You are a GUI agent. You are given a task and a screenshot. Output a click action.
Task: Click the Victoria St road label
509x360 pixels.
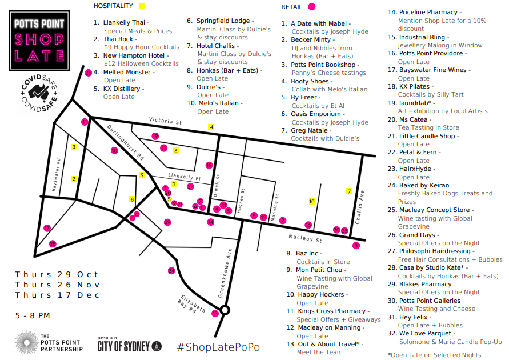coord(165,121)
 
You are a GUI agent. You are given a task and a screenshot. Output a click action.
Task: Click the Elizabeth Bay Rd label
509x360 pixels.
coord(193,305)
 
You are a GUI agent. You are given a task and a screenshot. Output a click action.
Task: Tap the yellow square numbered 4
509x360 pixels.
coord(211,127)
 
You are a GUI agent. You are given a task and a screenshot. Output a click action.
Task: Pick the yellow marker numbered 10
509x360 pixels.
coord(312,202)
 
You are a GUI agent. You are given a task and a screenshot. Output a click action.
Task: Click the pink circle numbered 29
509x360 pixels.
coord(167,222)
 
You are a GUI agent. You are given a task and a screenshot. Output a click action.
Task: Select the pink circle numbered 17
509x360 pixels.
coord(47,228)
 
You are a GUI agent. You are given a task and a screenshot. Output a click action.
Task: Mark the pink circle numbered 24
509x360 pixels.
coord(171,270)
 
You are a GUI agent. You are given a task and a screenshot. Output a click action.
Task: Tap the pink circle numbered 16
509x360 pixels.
coord(308,225)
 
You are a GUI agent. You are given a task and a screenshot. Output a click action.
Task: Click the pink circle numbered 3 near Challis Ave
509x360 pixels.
coord(356,246)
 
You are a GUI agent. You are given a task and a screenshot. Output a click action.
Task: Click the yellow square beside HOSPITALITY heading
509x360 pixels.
coord(142,6)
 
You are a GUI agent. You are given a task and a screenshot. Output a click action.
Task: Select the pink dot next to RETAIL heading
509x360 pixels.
coord(311,7)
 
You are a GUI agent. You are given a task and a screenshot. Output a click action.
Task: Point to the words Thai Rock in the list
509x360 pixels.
coord(118,39)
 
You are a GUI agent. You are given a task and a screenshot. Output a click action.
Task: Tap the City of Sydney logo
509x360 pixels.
coord(129,345)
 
